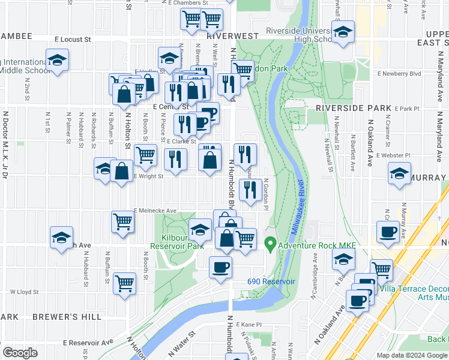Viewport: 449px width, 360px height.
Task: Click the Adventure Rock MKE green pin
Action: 270,245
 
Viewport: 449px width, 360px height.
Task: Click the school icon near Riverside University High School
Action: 343,32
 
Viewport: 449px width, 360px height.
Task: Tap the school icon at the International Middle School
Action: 57,60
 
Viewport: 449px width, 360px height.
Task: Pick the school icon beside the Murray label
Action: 399,175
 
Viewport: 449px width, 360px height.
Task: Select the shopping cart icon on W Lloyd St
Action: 124,282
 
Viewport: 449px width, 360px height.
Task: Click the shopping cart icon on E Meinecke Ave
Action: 123,221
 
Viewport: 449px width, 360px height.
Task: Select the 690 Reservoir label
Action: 271,281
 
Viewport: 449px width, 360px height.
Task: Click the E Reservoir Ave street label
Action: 88,343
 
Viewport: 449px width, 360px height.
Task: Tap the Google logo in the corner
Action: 20,353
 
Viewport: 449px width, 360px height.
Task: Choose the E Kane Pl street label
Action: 249,324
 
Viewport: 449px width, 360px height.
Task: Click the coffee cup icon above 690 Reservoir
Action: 220,266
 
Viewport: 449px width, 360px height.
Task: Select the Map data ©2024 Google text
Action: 411,355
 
